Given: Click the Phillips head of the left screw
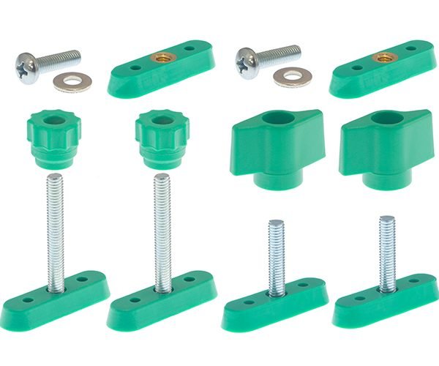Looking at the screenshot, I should [x=27, y=66].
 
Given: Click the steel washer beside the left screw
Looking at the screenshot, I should [x=72, y=81].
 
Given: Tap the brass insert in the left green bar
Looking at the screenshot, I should [x=162, y=58].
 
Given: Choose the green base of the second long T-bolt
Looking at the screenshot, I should [x=162, y=300].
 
